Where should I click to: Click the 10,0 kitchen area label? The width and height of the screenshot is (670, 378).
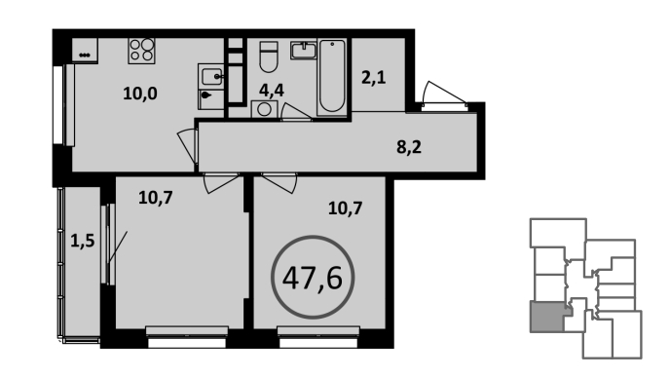pos(140,94)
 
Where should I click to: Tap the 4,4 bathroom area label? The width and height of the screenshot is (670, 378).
pos(272,91)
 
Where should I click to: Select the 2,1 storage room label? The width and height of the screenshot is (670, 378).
pos(373,78)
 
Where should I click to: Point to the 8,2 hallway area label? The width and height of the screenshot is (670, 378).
pos(409,147)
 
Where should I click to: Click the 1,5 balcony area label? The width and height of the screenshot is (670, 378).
pos(82,242)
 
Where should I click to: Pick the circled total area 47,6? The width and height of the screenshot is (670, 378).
pos(313,277)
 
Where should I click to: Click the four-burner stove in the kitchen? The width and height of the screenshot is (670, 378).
pos(141,51)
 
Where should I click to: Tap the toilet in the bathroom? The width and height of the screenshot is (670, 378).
pos(269,57)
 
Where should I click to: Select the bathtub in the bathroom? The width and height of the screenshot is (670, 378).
pos(332,77)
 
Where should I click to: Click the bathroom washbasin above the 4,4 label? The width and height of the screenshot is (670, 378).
pos(304,50)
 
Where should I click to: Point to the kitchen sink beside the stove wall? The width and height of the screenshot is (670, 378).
pos(211,77)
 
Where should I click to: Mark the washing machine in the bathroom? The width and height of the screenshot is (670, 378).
pos(264,109)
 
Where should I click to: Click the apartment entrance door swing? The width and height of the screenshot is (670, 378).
pos(444,94)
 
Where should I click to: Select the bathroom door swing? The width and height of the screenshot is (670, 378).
pos(296,112)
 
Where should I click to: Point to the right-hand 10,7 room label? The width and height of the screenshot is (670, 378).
pos(346,208)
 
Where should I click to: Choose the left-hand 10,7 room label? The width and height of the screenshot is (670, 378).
pos(156,198)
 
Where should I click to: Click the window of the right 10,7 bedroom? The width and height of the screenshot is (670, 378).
pos(318,337)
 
